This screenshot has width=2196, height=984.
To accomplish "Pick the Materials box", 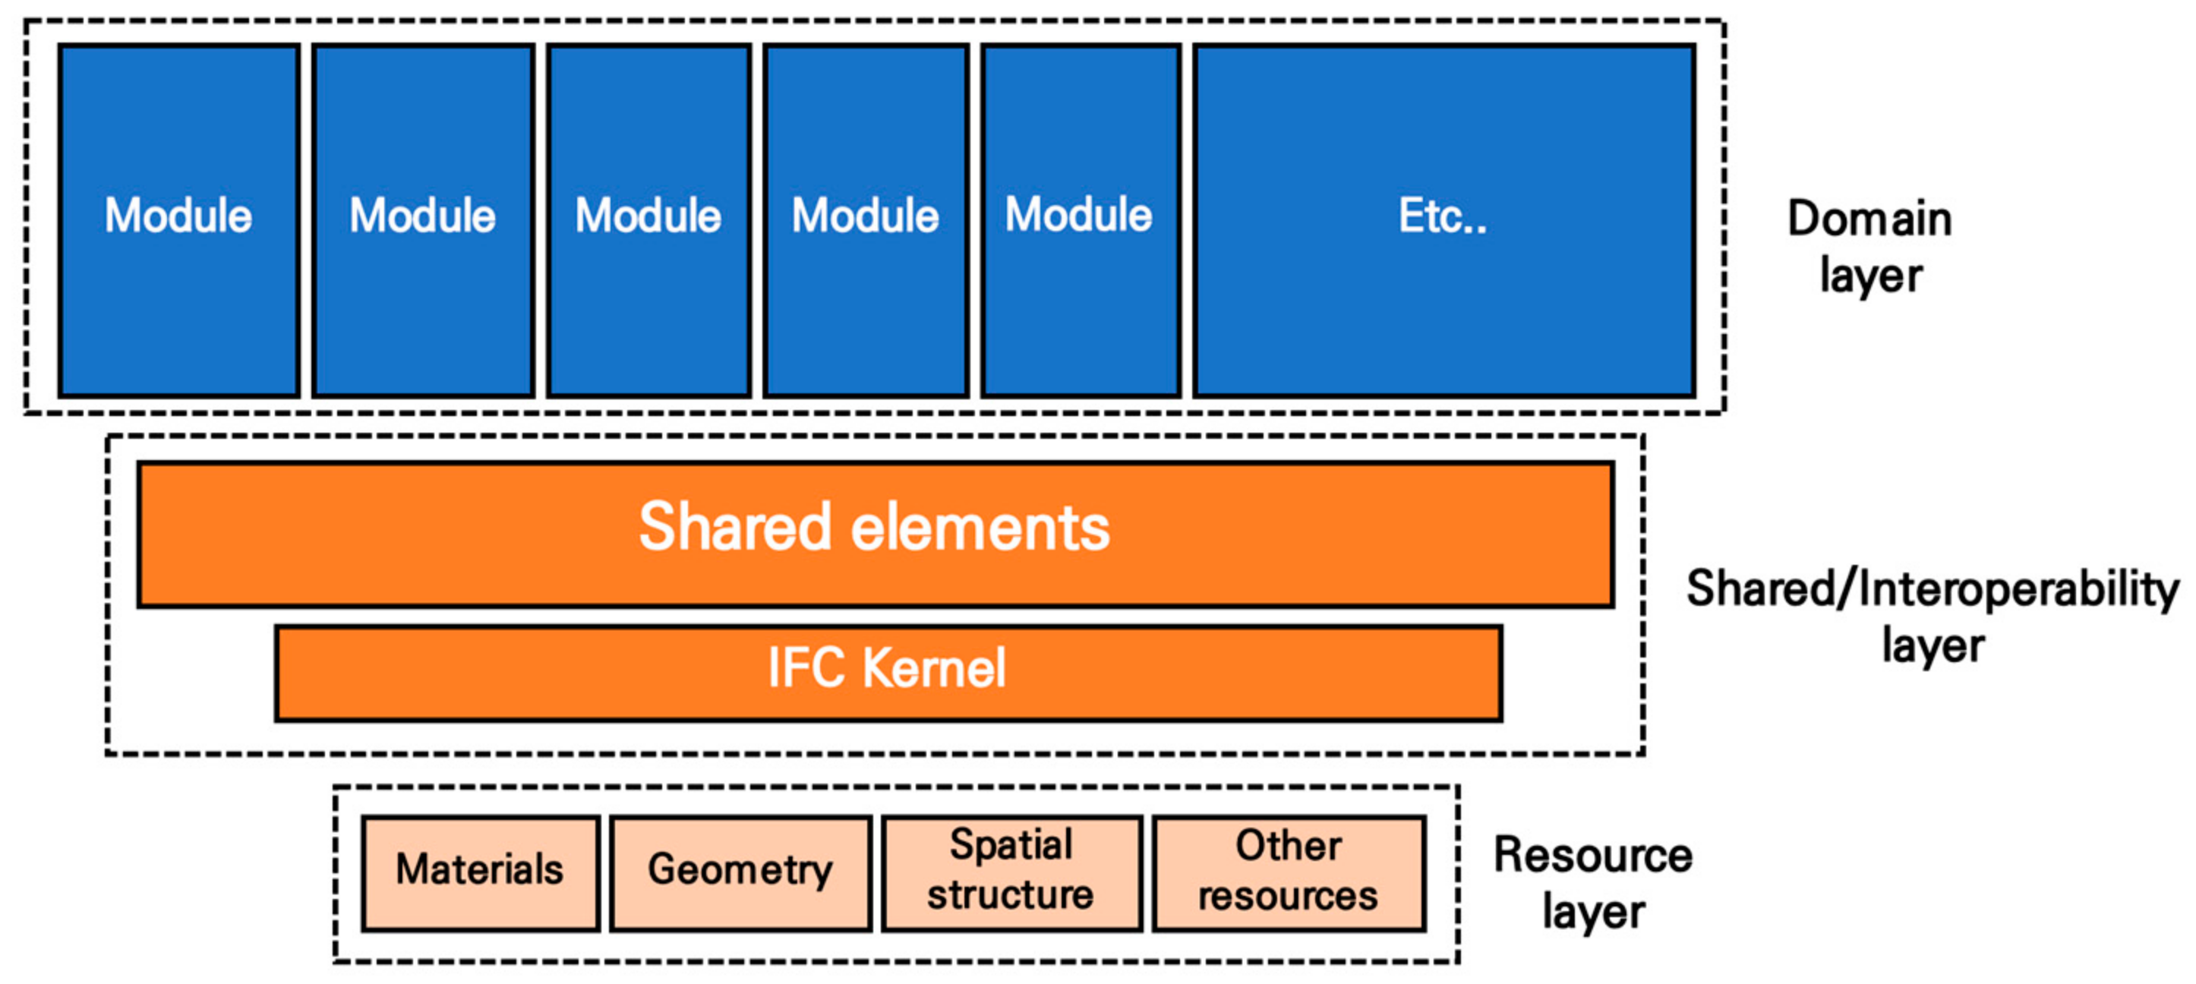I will [480, 872].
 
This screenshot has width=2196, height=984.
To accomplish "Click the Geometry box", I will [740, 872].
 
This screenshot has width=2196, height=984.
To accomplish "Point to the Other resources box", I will [1288, 872].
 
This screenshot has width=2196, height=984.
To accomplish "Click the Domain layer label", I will [1869, 248].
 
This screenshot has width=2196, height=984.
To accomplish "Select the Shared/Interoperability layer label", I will [1932, 617].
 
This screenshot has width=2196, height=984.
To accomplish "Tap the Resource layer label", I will [1592, 883].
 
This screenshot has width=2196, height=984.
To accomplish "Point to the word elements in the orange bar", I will [980, 528].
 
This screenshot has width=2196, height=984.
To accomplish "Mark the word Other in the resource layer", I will [1288, 846].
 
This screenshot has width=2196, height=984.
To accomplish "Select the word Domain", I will [1869, 219].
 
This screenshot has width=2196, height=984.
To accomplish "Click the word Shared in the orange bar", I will [734, 528].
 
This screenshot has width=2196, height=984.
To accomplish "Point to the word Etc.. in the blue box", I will [1443, 216].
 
